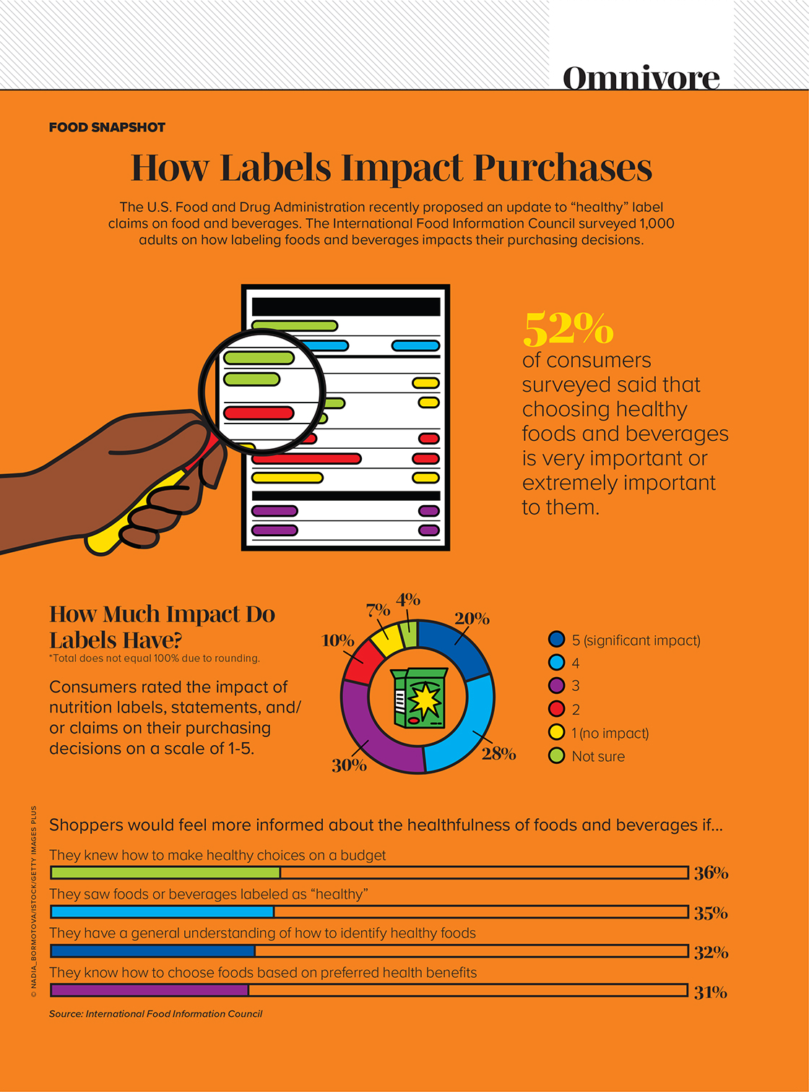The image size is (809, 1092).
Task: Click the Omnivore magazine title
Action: tap(641, 77)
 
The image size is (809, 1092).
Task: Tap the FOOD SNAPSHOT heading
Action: tap(107, 127)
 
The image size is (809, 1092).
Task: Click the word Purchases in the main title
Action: tap(563, 168)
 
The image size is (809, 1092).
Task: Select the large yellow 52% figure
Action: tap(568, 329)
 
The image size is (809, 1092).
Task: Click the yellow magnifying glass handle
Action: tap(137, 517)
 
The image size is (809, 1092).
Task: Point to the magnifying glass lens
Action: tap(261, 391)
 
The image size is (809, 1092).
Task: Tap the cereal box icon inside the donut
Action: tap(418, 697)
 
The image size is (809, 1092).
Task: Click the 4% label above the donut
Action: tap(408, 600)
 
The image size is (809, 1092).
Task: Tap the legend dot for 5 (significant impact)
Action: tap(556, 640)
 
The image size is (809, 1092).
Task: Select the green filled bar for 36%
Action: tap(165, 873)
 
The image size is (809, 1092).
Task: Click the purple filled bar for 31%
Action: tap(150, 990)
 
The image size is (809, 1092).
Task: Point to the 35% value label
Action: tap(711, 913)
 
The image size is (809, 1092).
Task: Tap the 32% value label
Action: tap(711, 953)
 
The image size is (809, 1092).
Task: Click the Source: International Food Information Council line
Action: tap(155, 1014)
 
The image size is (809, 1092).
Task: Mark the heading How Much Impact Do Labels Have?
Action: tap(162, 627)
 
